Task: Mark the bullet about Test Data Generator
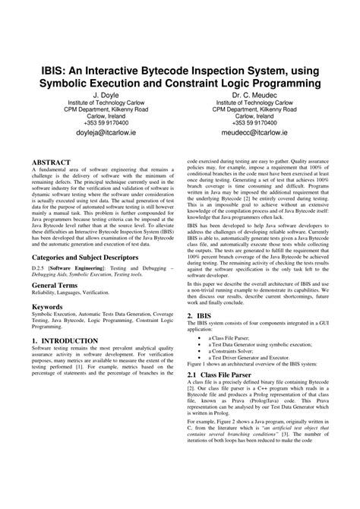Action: coord(261,365)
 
